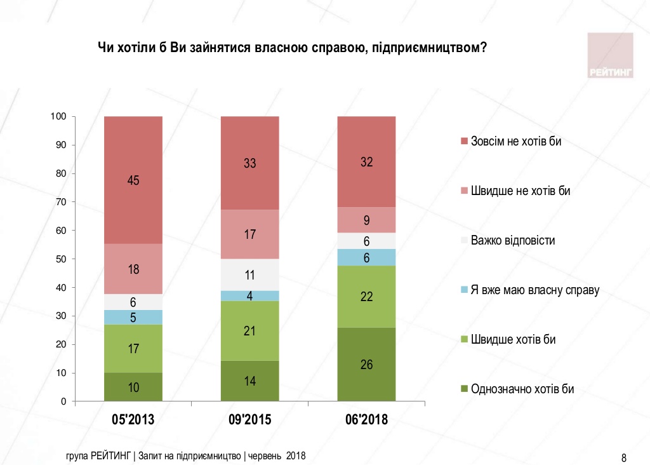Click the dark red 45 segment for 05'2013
pyautogui.click(x=133, y=180)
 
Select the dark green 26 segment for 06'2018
pyautogui.click(x=366, y=365)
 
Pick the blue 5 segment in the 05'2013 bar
pyautogui.click(x=133, y=318)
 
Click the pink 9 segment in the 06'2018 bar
pyautogui.click(x=366, y=220)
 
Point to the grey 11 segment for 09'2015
pyautogui.click(x=250, y=275)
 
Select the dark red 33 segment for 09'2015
pyautogui.click(x=250, y=163)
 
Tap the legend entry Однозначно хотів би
pyautogui.click(x=522, y=389)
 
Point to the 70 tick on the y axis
pyautogui.click(x=63, y=202)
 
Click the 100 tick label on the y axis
pyautogui.click(x=60, y=117)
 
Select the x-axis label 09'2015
pyautogui.click(x=249, y=420)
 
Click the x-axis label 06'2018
pyautogui.click(x=366, y=420)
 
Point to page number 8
pyautogui.click(x=624, y=457)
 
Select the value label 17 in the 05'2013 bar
pyautogui.click(x=133, y=349)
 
